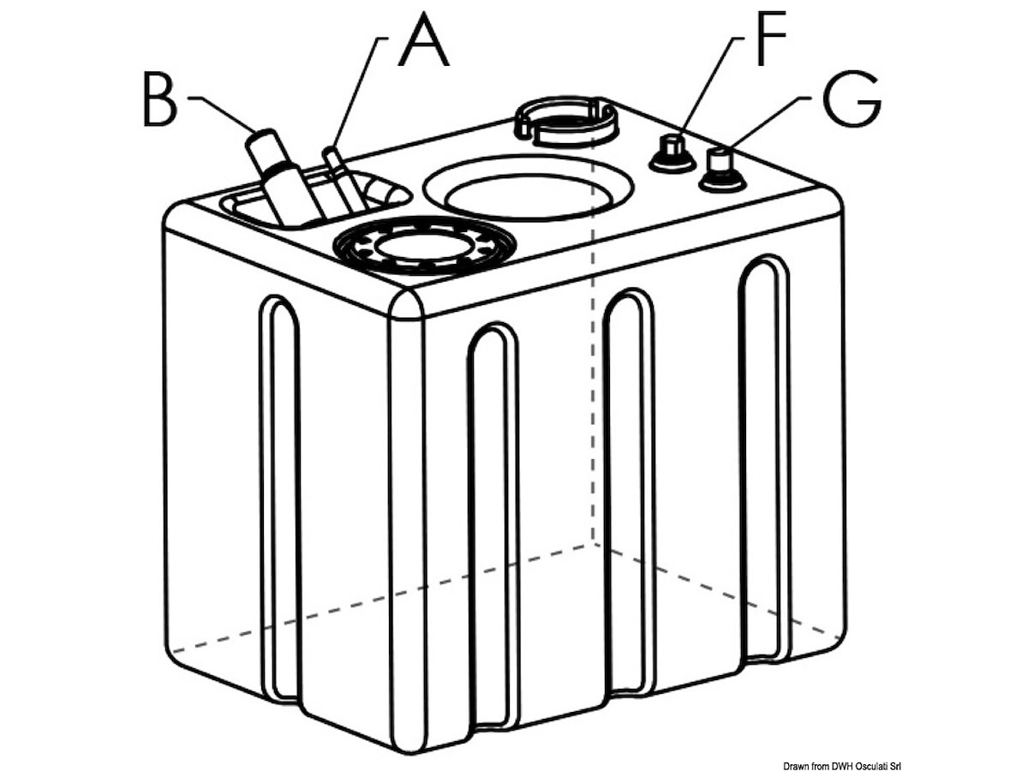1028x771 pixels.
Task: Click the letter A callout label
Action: click(x=423, y=39)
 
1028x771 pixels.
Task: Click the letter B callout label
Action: click(x=160, y=99)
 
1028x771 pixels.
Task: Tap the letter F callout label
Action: click(x=771, y=38)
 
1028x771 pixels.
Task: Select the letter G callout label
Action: click(x=852, y=99)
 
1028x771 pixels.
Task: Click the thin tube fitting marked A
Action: click(x=340, y=180)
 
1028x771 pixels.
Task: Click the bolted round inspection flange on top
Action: click(x=424, y=245)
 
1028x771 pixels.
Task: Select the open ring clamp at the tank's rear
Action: click(x=565, y=122)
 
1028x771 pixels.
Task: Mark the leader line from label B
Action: click(x=224, y=114)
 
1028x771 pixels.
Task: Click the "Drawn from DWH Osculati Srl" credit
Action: click(x=842, y=765)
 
